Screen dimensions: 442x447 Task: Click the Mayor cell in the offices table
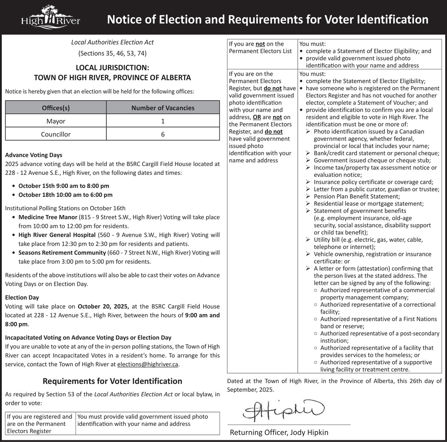[56, 121]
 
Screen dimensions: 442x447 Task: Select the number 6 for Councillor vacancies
[163, 134]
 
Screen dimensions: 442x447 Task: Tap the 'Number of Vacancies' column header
[163, 108]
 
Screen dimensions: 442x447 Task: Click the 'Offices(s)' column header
[56, 108]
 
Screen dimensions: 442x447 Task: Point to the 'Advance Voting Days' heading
[34, 155]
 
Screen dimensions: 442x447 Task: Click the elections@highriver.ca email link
[148, 365]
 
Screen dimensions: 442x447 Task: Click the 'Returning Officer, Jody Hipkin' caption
[279, 432]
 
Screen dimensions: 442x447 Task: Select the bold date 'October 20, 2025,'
[104, 306]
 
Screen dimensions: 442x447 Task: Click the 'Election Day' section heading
[22, 297]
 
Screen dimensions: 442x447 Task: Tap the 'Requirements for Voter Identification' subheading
[112, 381]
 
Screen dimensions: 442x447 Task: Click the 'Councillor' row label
[56, 134]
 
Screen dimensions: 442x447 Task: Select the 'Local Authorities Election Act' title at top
[112, 42]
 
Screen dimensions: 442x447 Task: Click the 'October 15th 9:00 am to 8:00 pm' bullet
[63, 186]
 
